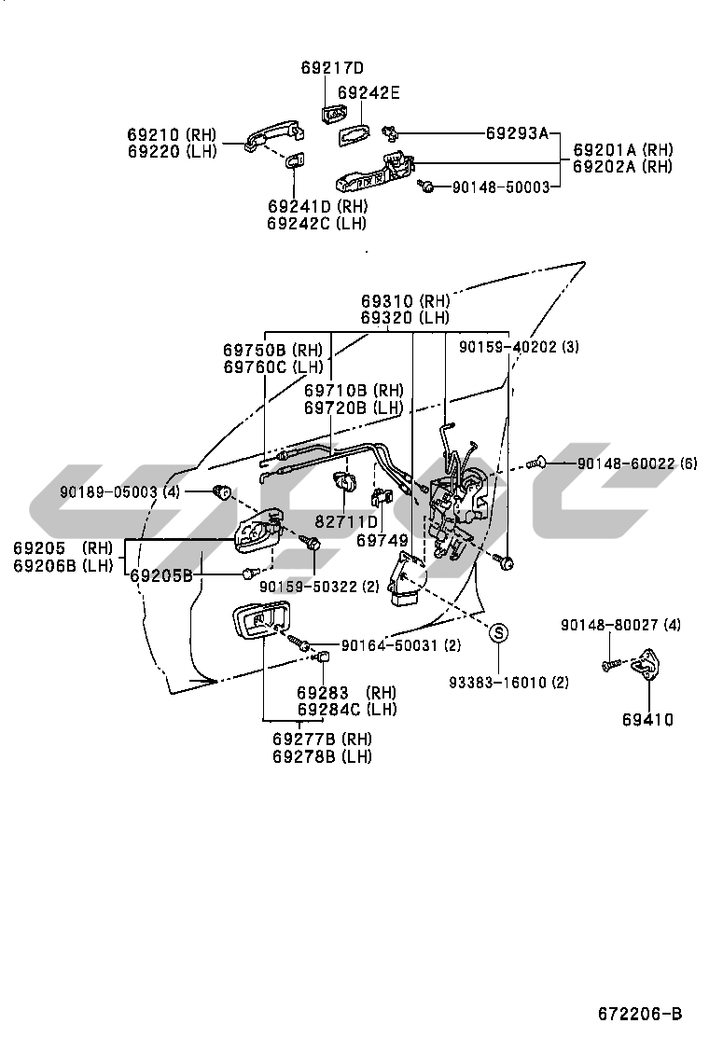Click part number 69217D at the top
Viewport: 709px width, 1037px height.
332,68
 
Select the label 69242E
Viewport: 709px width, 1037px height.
368,92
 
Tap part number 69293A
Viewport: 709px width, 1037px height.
518,132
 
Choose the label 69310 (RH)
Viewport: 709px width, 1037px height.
406,301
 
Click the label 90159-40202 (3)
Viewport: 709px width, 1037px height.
519,347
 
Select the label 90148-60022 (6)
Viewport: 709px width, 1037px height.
637,463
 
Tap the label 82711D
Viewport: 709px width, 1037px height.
347,522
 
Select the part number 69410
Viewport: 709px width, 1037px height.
647,719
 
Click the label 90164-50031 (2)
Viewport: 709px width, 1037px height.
401,645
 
